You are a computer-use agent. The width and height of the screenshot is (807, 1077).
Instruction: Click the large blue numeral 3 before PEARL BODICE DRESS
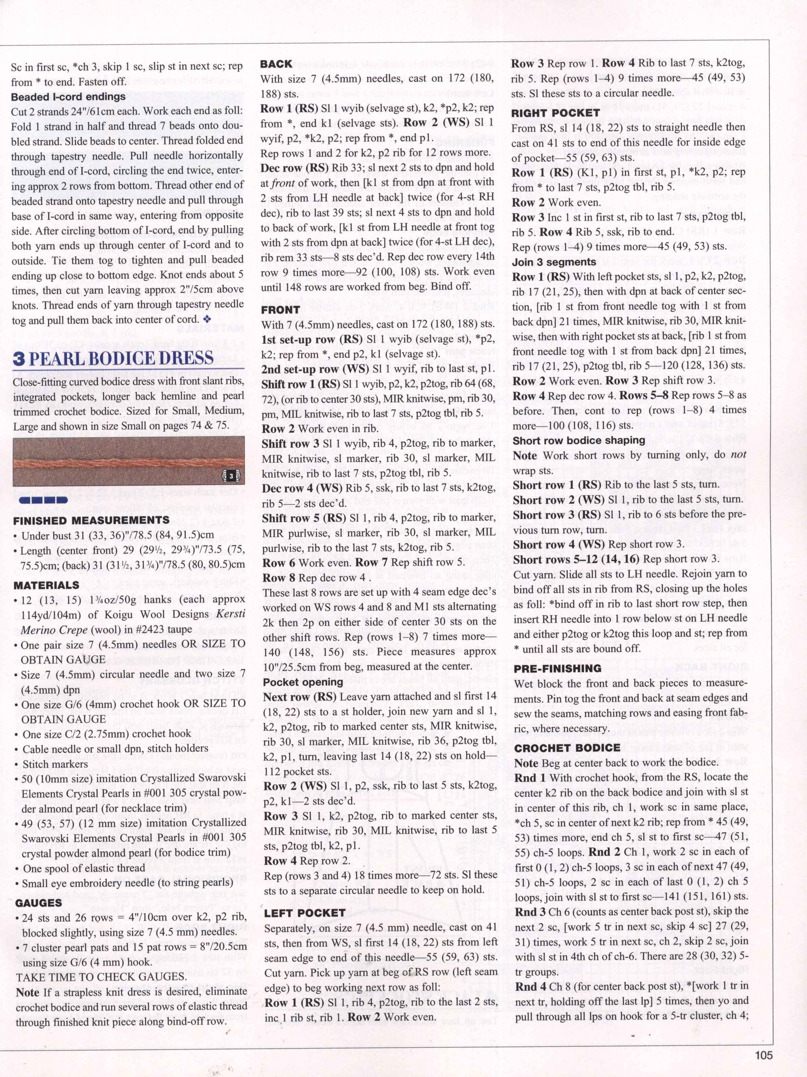point(19,358)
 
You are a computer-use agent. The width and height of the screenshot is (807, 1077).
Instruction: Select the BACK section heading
point(276,64)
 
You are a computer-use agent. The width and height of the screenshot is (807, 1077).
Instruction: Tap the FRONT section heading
point(281,310)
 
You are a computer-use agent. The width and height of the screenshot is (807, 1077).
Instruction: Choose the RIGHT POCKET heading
point(555,112)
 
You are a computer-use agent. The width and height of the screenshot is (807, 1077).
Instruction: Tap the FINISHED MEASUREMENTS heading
point(91,520)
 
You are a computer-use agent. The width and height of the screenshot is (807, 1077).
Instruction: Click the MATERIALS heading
point(46,585)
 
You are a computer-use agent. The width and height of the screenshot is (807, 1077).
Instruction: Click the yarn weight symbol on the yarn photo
point(231,475)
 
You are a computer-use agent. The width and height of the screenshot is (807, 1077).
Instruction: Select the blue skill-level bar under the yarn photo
point(43,500)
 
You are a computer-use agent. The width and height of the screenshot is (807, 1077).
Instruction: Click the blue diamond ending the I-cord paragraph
point(207,319)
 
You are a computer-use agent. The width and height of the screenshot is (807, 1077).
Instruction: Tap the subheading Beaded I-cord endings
point(68,97)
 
